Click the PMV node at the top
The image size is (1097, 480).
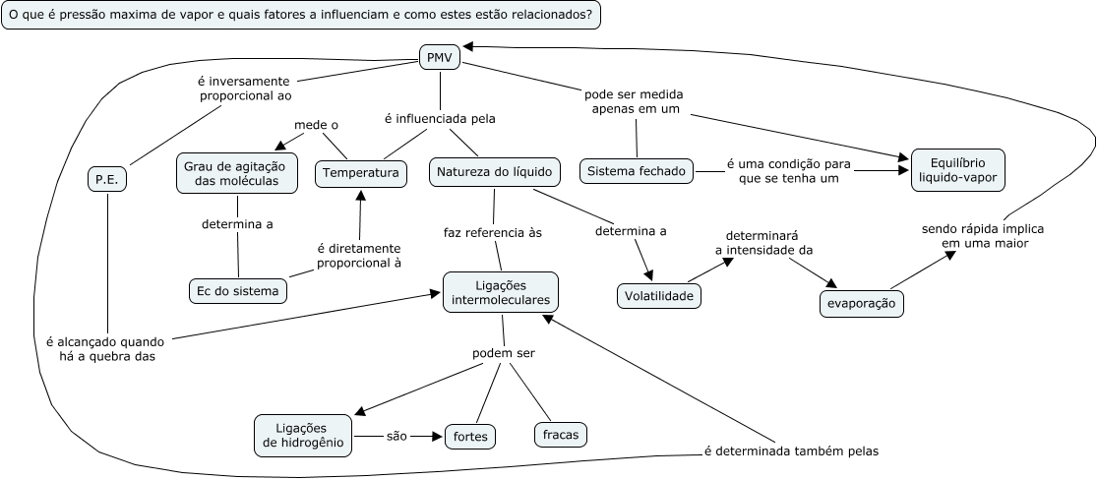pyautogui.click(x=439, y=58)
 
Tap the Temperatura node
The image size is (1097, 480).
pyautogui.click(x=360, y=173)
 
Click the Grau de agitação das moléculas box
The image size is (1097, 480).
pyautogui.click(x=238, y=172)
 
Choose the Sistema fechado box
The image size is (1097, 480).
pyautogui.click(x=636, y=171)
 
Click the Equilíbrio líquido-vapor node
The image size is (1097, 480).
pyautogui.click(x=957, y=171)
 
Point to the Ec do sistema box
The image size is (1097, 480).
pyautogui.click(x=237, y=290)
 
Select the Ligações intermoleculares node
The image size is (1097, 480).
pyautogui.click(x=501, y=292)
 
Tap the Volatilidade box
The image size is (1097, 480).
pyautogui.click(x=659, y=295)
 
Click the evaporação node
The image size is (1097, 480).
pyautogui.click(x=861, y=304)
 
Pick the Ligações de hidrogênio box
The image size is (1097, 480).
pyautogui.click(x=303, y=434)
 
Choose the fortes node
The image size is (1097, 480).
pyautogui.click(x=470, y=435)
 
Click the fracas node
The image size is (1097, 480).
pyautogui.click(x=560, y=434)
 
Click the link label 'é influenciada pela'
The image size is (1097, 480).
pyautogui.click(x=439, y=118)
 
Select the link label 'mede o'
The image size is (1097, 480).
pyautogui.click(x=316, y=125)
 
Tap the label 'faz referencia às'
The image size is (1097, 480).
pyautogui.click(x=493, y=233)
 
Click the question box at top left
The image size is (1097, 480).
pyautogui.click(x=302, y=17)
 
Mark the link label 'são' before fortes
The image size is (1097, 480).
pyautogui.click(x=396, y=435)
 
